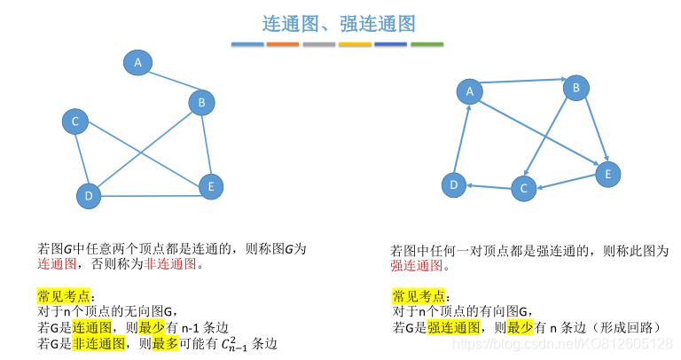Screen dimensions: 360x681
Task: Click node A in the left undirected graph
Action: point(137,62)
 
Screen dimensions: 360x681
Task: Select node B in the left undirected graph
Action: point(201,103)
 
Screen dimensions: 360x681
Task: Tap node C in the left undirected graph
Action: point(75,121)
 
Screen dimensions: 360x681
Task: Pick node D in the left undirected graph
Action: point(88,195)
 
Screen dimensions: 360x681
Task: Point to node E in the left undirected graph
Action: point(210,186)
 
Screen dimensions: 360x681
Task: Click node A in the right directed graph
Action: point(470,90)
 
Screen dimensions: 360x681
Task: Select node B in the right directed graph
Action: point(576,87)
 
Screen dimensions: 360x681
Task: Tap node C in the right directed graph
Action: point(524,188)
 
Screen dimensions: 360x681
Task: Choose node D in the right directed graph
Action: point(454,184)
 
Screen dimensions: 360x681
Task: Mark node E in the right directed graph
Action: point(607,174)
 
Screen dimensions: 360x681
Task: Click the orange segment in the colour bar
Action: point(283,44)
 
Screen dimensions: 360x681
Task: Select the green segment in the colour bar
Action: point(427,44)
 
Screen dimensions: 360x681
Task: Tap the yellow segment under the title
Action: point(355,44)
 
